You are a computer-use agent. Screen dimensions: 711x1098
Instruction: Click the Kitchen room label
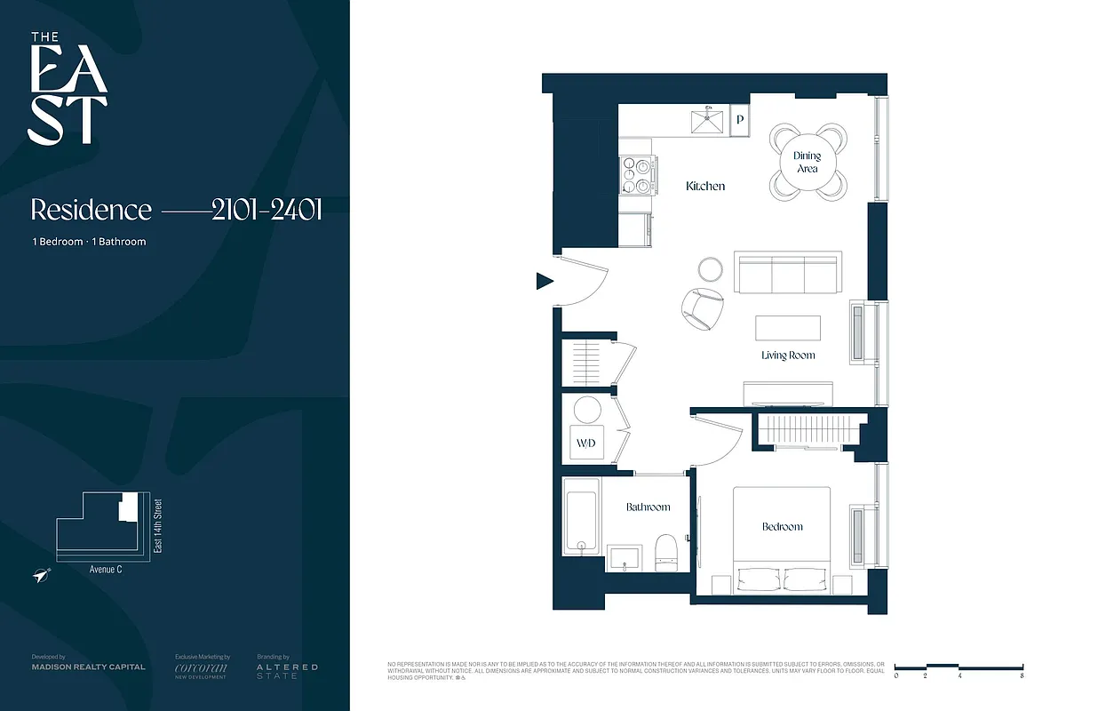[705, 187]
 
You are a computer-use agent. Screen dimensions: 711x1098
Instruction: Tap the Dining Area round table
[807, 162]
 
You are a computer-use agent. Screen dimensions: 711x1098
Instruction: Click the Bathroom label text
[648, 507]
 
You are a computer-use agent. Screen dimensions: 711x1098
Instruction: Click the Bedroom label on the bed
[782, 527]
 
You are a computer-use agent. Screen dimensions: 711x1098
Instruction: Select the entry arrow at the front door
[544, 282]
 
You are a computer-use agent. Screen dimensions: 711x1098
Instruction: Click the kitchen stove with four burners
[637, 175]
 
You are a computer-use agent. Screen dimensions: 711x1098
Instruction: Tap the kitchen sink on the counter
[708, 120]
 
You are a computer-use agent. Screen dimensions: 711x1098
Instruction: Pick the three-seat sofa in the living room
[786, 274]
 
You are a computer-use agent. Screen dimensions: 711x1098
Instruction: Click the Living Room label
[788, 355]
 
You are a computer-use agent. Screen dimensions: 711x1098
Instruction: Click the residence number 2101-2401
[267, 210]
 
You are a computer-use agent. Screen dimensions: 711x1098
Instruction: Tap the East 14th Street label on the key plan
[158, 526]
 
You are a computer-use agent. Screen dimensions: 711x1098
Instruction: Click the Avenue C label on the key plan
[106, 569]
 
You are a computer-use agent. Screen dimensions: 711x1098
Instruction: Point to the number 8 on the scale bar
[1022, 676]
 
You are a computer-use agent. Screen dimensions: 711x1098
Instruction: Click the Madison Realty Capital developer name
[88, 667]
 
